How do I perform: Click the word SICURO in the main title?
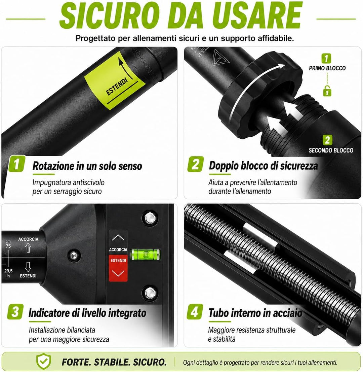tap(109, 16)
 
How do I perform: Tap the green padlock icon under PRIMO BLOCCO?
tap(327, 91)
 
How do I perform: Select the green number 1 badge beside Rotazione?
tap(17, 164)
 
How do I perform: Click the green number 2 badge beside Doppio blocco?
tap(195, 164)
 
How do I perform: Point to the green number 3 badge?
tap(15, 311)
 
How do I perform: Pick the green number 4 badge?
tap(195, 311)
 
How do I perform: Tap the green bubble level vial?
tap(145, 255)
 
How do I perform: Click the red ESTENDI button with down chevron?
tap(118, 268)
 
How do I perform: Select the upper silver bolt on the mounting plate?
tap(150, 218)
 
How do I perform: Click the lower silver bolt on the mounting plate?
tap(150, 293)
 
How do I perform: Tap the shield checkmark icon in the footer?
tap(44, 361)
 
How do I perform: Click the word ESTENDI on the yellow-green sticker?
tap(117, 87)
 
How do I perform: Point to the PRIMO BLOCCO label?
tap(327, 68)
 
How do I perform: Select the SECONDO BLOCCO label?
tap(331, 150)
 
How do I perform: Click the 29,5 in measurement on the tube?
tap(8, 273)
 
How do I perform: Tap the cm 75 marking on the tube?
tap(8, 244)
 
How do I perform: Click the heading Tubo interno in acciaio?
tap(255, 313)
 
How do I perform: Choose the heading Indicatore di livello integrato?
tap(87, 313)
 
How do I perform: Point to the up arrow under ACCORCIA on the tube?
tap(28, 248)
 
